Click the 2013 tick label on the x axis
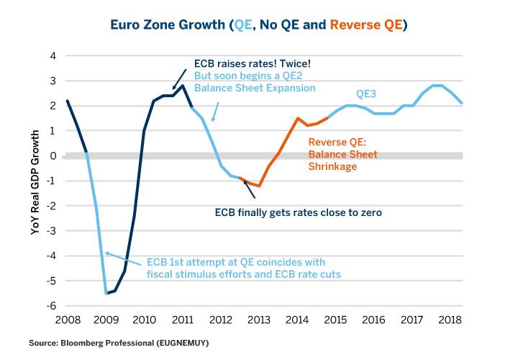(260, 318)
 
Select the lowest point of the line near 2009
(106, 293)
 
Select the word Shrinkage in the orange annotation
(332, 166)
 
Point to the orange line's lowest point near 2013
(259, 186)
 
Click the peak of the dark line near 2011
(183, 86)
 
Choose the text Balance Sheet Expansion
(255, 88)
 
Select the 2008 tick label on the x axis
(66, 318)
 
